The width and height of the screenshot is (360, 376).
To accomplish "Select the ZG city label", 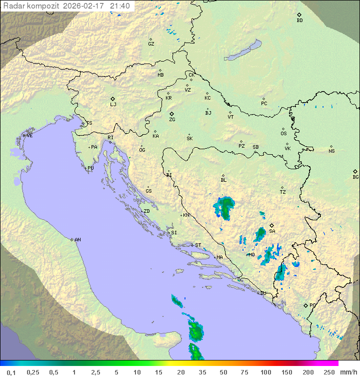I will pos(172,120).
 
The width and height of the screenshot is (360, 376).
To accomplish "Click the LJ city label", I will pos(113,105).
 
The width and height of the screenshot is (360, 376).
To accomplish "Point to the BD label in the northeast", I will pos(299,21).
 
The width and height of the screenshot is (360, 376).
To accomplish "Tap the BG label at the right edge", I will pos(355,177).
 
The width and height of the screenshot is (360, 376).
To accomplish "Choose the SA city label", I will pos(272,231).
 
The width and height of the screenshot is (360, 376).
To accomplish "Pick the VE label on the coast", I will pos(29,136).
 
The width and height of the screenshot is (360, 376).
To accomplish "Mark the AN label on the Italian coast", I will pos(77,240).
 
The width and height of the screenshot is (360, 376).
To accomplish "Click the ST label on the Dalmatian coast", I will pos(198,245).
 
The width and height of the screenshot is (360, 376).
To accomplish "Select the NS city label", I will pos(331,151).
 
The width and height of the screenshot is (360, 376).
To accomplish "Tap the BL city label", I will pos(223,180).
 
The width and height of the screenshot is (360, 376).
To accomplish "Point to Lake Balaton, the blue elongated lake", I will pos(243,51).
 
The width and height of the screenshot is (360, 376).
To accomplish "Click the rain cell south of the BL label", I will pos(225,206).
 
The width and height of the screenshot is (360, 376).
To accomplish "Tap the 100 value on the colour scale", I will pos(265,372).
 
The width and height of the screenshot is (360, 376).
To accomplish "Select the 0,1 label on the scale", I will pos(10,372).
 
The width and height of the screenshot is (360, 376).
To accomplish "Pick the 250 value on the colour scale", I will pos(328,372).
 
